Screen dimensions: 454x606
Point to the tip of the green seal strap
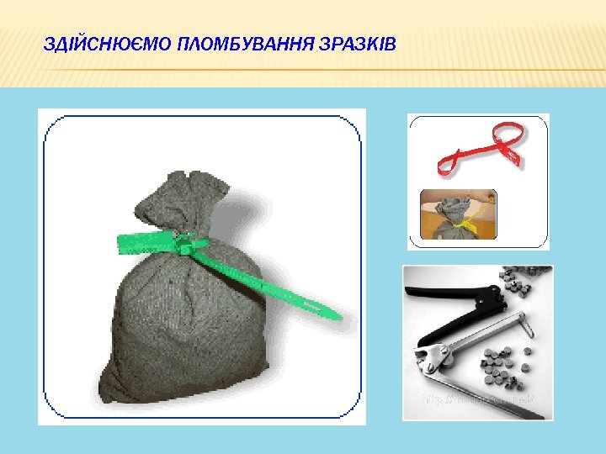[336, 317]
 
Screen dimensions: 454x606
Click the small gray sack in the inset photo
[449, 215]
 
